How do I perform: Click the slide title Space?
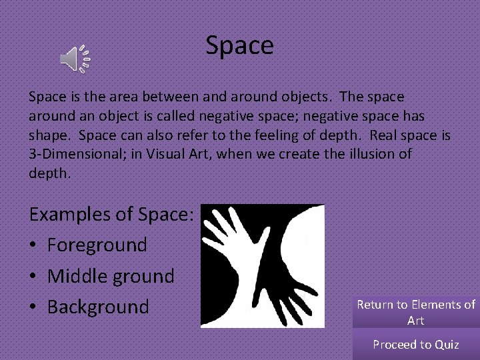click(239, 45)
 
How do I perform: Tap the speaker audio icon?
click(75, 59)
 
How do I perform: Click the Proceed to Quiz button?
click(415, 345)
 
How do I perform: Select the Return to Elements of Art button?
click(415, 312)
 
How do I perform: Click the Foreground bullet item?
click(97, 245)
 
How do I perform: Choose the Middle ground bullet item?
click(111, 275)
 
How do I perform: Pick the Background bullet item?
click(98, 307)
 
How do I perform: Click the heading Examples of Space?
click(111, 214)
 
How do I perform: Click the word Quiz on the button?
click(447, 345)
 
